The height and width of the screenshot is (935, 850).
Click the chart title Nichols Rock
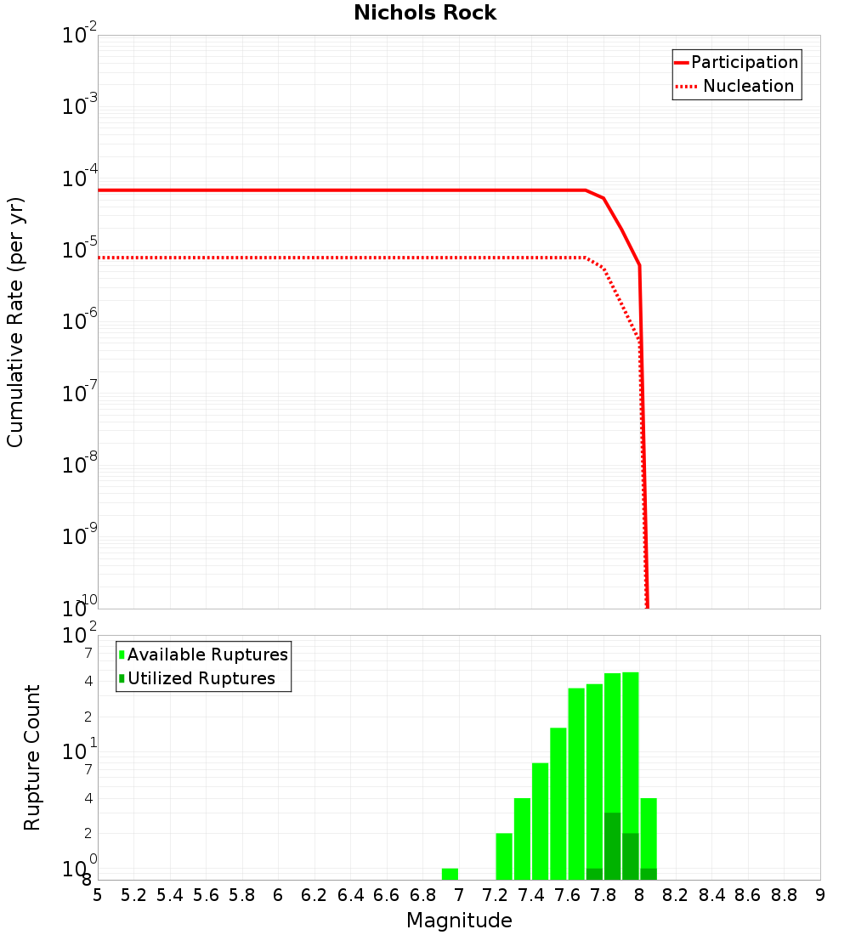click(x=425, y=14)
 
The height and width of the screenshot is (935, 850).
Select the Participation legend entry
click(x=736, y=63)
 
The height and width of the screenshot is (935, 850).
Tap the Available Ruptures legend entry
click(x=204, y=654)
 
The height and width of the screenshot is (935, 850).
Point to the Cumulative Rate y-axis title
click(x=15, y=322)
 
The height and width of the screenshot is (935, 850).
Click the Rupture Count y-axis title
click(x=32, y=757)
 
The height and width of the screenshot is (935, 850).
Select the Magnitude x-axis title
click(x=459, y=921)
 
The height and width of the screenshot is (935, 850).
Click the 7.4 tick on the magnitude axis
click(x=530, y=895)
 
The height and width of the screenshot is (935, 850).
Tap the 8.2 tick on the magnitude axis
click(x=675, y=895)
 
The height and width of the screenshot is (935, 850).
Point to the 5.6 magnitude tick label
click(x=206, y=895)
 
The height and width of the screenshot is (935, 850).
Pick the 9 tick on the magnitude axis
click(x=819, y=895)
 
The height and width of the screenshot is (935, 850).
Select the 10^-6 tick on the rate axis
click(x=80, y=323)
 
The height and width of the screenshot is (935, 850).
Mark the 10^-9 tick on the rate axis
click(x=80, y=537)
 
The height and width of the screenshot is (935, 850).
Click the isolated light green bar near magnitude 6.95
click(x=450, y=874)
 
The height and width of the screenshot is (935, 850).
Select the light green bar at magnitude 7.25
click(x=504, y=856)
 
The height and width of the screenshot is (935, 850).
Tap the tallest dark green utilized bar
click(x=612, y=846)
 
